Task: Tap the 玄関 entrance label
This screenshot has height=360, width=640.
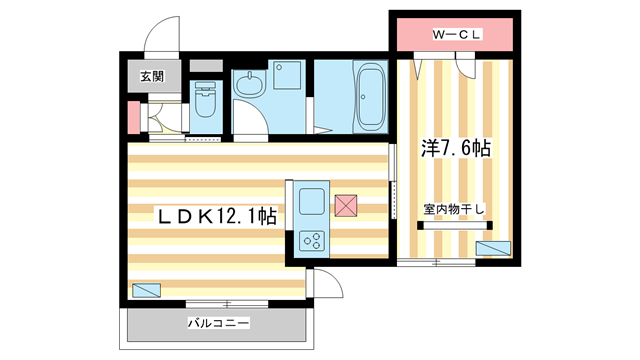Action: (x=151, y=76)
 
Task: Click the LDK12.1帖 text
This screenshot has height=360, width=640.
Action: (x=214, y=215)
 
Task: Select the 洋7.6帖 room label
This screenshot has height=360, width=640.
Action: (x=456, y=148)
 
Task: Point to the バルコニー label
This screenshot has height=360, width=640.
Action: (x=218, y=323)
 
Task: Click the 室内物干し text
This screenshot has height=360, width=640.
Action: (x=453, y=209)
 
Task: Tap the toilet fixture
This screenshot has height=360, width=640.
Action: (x=205, y=104)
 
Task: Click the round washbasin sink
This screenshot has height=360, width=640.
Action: (x=251, y=84)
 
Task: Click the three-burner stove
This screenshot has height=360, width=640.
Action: (x=311, y=240)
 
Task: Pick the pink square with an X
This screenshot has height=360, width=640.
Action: (x=347, y=205)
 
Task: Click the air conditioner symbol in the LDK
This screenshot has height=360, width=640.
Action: (x=146, y=292)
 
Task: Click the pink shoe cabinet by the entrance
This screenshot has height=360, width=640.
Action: (x=133, y=118)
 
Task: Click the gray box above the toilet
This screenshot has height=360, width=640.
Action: (x=206, y=66)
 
